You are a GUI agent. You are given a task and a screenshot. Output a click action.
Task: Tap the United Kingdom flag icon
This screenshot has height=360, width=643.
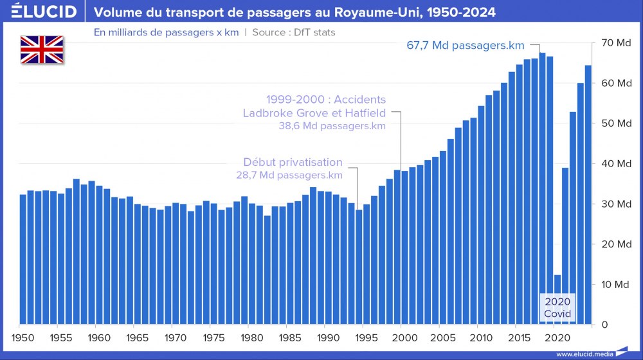tap(42, 50)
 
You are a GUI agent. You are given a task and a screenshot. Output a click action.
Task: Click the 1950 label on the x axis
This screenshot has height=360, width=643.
tap(23, 336)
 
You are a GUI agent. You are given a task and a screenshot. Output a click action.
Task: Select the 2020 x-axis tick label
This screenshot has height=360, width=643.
tap(556, 336)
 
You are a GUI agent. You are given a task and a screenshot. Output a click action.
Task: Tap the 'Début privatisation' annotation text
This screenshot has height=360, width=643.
tap(293, 163)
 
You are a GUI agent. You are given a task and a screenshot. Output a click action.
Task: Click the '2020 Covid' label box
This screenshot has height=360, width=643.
tap(557, 307)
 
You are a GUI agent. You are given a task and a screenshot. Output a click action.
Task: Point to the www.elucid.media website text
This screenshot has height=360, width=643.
tap(582, 354)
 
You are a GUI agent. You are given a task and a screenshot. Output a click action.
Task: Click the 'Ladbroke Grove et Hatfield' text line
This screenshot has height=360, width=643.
tap(314, 113)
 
